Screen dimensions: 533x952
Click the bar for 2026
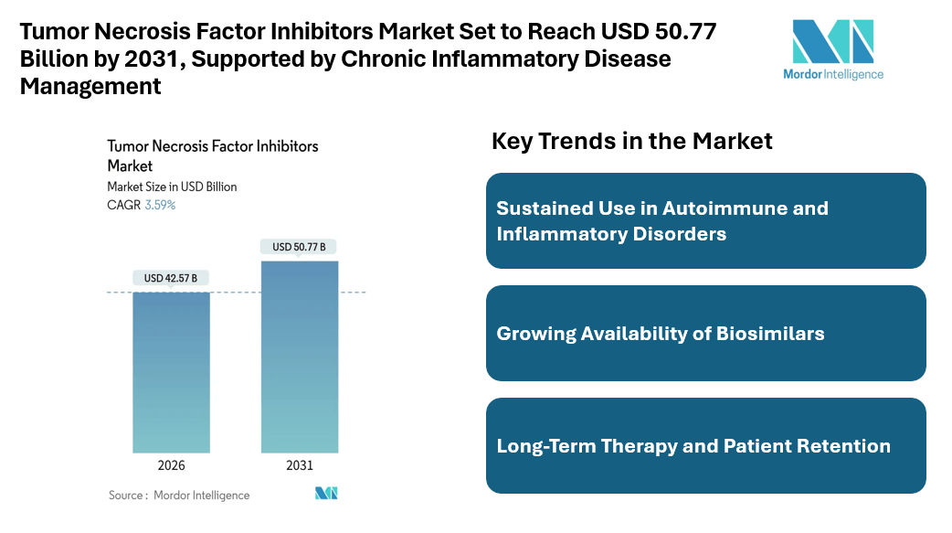171,372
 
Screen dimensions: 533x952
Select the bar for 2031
299,357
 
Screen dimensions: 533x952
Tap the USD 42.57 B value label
171,277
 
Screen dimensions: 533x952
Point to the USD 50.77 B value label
299,246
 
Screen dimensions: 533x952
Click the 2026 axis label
171,465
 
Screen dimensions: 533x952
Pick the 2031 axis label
299,465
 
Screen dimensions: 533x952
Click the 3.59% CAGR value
161,205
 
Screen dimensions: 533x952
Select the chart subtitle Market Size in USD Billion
172,187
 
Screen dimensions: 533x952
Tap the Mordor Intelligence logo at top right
833,51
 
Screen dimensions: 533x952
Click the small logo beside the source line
326,494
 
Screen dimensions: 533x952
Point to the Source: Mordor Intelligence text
179,495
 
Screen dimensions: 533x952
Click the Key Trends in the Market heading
632,141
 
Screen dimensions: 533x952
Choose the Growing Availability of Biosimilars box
705,334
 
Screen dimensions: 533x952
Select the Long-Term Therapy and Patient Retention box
705,446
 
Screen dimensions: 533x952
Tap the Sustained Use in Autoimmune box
705,220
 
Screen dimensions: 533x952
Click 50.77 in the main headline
685,31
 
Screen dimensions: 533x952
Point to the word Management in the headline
90,86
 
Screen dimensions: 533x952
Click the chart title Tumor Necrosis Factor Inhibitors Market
212,155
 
